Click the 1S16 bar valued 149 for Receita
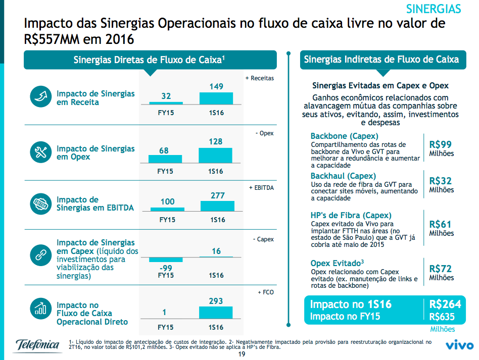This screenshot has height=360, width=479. click(x=216, y=98)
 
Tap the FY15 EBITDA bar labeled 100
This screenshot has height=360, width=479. click(x=167, y=209)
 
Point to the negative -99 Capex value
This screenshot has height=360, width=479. click(x=166, y=267)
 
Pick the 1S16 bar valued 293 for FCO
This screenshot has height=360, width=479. click(x=216, y=313)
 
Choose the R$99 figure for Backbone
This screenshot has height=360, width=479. click(x=441, y=144)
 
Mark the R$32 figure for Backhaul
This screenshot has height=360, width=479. click(x=441, y=181)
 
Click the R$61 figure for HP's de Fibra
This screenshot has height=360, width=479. click(x=441, y=224)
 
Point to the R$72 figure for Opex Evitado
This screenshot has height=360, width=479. click(x=441, y=269)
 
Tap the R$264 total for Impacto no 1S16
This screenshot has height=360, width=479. click(x=445, y=304)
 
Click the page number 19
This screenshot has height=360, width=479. click(x=242, y=354)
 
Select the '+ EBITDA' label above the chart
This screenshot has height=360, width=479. click(x=261, y=188)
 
